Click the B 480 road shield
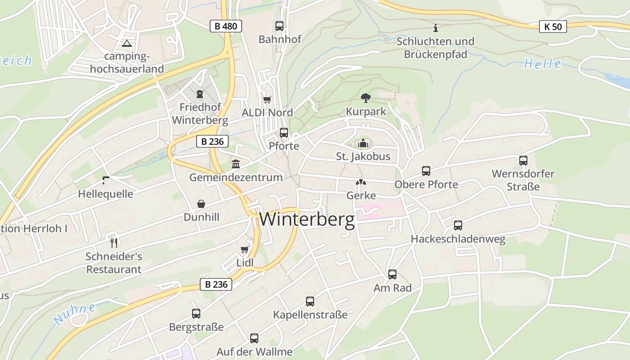pyautogui.click(x=226, y=26)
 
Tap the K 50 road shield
pyautogui.click(x=553, y=27)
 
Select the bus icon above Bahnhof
pyautogui.click(x=279, y=26)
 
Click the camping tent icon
pyautogui.click(x=127, y=44)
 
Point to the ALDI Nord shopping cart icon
pyautogui.click(x=267, y=99)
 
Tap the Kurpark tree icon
pyautogui.click(x=366, y=98)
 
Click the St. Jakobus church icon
pyautogui.click(x=363, y=144)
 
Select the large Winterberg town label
pyautogui.click(x=307, y=220)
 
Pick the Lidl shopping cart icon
pyautogui.click(x=245, y=249)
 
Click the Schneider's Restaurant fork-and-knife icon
pyautogui.click(x=114, y=243)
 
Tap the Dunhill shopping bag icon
pyautogui.click(x=201, y=204)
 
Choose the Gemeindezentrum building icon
pyautogui.click(x=236, y=164)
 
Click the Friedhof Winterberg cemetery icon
pyautogui.click(x=200, y=94)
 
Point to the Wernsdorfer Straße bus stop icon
pyautogui.click(x=523, y=161)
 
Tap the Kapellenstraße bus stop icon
pyautogui.click(x=310, y=301)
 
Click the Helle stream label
pyautogui.click(x=543, y=63)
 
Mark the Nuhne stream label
pyautogui.click(x=75, y=313)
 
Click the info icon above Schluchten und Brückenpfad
pyautogui.click(x=435, y=28)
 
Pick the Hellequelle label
pyautogui.click(x=105, y=194)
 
